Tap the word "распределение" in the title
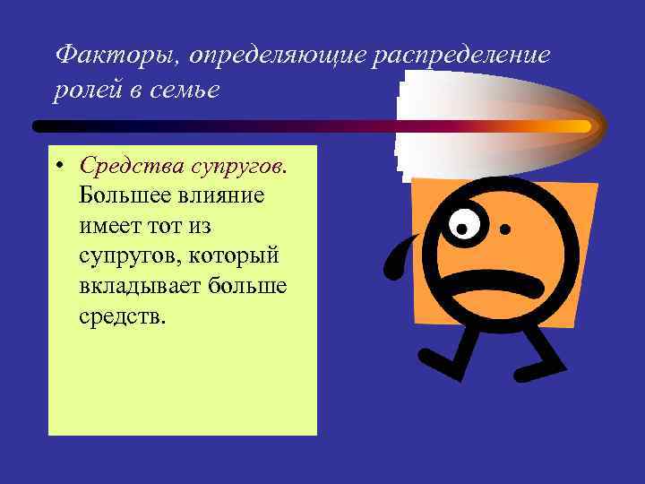466,56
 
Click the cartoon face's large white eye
464,223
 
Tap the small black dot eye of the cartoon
506,230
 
